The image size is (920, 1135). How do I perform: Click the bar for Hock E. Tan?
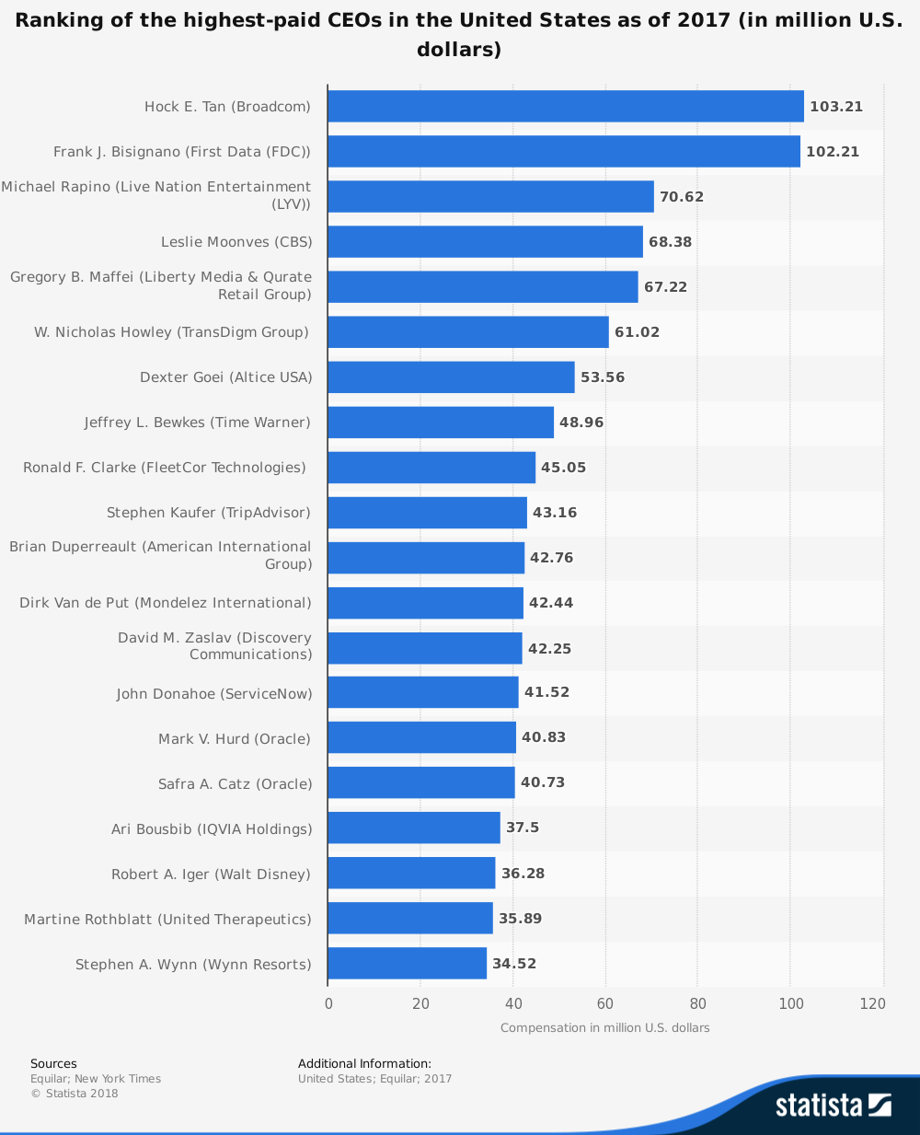(565, 107)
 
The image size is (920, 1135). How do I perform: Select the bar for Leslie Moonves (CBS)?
(485, 242)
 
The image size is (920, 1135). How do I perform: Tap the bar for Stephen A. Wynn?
(407, 964)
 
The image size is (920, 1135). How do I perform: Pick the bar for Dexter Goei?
(451, 377)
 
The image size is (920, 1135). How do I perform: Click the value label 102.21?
(833, 152)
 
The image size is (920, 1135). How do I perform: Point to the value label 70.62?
(682, 197)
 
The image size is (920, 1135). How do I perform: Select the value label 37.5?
(523, 828)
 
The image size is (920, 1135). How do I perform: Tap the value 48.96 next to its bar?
(581, 423)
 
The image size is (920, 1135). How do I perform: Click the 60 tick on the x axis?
(605, 1004)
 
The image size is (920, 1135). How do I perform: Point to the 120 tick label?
(872, 1004)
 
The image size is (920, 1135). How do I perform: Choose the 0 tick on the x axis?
(328, 1004)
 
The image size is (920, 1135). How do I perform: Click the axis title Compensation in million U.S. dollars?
(605, 1028)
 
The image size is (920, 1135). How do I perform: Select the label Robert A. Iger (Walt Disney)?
(211, 874)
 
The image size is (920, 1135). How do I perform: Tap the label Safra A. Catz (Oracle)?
(235, 784)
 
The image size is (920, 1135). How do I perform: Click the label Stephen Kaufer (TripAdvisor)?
(208, 513)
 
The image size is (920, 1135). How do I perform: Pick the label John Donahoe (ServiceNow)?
(213, 694)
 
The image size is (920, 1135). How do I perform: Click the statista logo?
(833, 1105)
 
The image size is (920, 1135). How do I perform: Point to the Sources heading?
(53, 1064)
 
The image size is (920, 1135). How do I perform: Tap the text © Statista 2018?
(75, 1094)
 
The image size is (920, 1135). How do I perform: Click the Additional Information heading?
(364, 1064)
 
